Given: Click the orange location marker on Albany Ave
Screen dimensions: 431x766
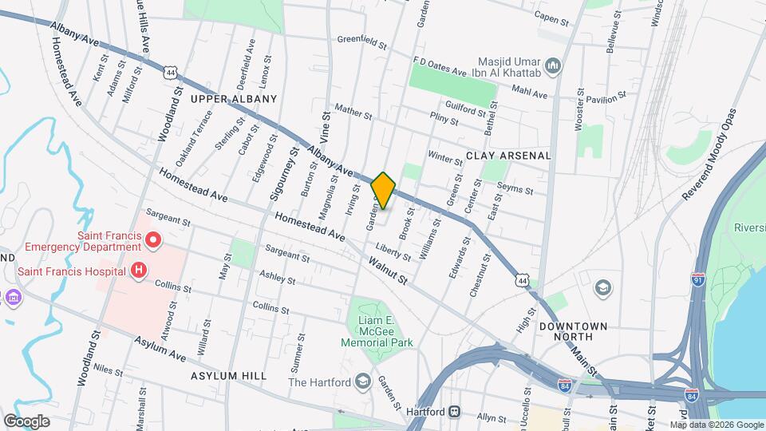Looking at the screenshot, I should click(x=383, y=190).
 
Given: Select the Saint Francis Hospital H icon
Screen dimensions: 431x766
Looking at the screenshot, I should click(x=139, y=271).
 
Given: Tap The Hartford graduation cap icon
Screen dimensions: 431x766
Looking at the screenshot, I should click(x=364, y=382).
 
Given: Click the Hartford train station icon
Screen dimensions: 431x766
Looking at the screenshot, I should click(x=454, y=411).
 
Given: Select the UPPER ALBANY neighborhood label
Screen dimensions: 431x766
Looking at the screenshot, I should click(x=234, y=99).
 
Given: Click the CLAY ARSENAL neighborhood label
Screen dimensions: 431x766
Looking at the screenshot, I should click(x=508, y=156).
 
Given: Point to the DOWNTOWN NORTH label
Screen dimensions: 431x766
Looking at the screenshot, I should click(x=573, y=326).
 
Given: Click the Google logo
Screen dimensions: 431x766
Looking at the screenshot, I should click(x=26, y=421).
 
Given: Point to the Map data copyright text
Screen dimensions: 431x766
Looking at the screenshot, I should click(x=717, y=425).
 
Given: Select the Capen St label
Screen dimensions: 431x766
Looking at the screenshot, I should click(x=555, y=16).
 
